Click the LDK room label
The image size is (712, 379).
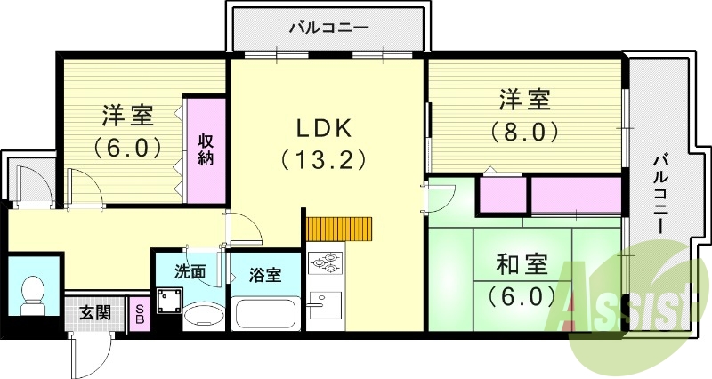(320, 129)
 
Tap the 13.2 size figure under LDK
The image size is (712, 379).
(320, 161)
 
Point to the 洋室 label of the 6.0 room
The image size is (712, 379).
(127, 116)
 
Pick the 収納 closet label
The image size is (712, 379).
(206, 149)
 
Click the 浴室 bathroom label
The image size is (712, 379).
(263, 275)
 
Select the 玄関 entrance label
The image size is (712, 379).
(95, 313)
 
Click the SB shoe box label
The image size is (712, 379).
(140, 313)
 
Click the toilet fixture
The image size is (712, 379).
(35, 292)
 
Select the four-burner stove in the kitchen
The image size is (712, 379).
(323, 263)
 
